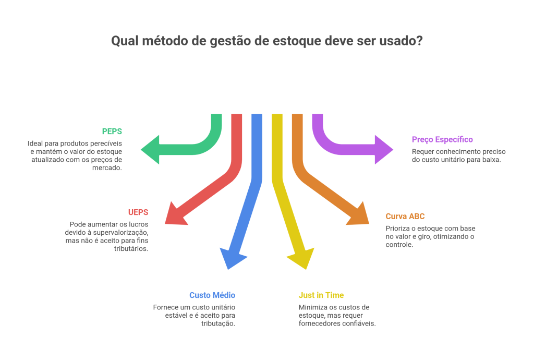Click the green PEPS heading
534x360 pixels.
click(x=112, y=131)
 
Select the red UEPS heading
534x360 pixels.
click(x=138, y=212)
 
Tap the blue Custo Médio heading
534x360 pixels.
click(x=212, y=295)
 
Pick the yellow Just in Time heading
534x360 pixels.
click(x=321, y=295)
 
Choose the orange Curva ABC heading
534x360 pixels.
click(x=405, y=216)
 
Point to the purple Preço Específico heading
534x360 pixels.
click(x=442, y=139)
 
